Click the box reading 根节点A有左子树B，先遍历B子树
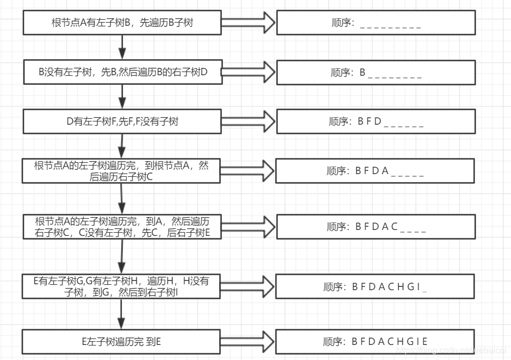123,23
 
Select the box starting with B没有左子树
123,73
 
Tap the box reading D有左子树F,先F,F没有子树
123,121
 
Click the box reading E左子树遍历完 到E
123,341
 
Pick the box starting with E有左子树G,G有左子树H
123,286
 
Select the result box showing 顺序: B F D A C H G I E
375,341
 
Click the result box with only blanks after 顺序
375,23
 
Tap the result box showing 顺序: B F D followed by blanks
375,121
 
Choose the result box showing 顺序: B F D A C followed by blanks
375,226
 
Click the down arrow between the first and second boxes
123,47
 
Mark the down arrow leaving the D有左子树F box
123,145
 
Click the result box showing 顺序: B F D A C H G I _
375,286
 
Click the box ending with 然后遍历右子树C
123,171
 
